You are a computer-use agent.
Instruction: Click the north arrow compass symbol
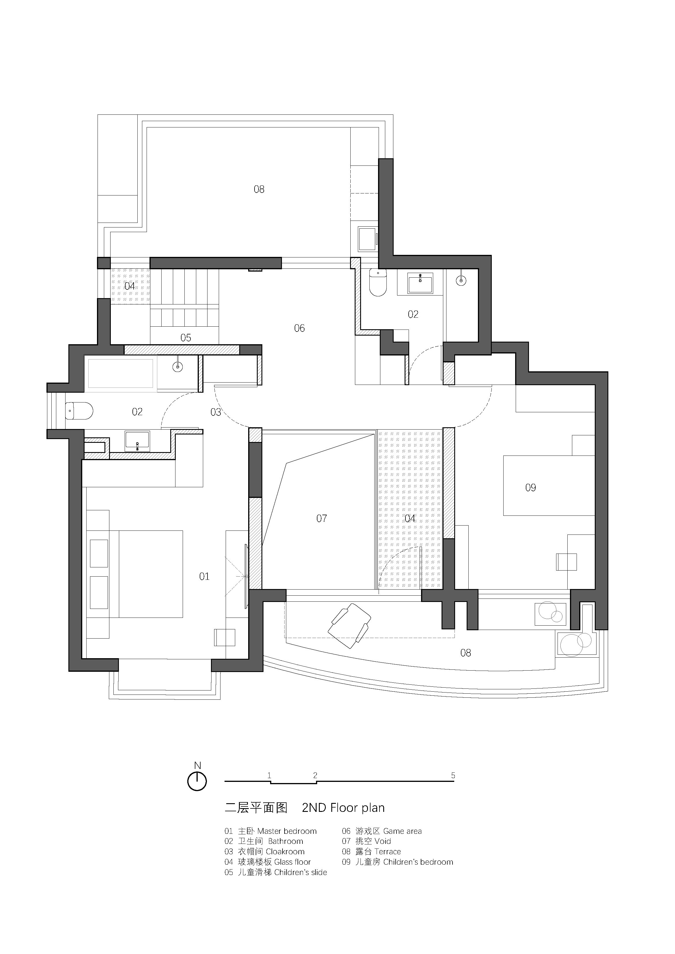[x=197, y=781]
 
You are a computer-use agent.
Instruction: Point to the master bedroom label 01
[x=204, y=576]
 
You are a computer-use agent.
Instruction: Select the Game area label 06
[x=300, y=328]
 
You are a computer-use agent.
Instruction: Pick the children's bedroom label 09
[x=531, y=488]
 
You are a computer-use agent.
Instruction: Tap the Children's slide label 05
[x=186, y=337]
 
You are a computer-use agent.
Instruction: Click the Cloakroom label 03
[x=216, y=412]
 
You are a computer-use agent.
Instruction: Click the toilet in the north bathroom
[x=378, y=282]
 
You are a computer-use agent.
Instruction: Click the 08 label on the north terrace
[x=259, y=189]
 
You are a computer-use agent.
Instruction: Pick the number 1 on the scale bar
[x=270, y=775]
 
